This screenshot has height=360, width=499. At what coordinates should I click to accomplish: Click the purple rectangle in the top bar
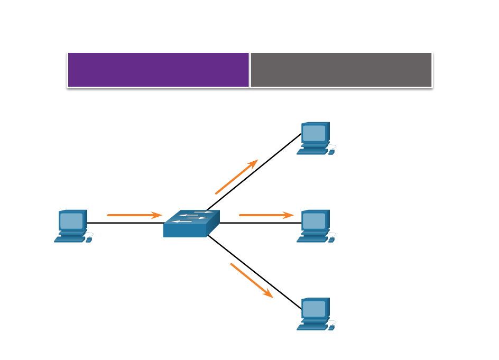coord(159,69)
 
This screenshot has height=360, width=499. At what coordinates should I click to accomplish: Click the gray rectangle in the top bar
coord(341,69)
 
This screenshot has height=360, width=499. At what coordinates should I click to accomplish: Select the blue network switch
coord(191,224)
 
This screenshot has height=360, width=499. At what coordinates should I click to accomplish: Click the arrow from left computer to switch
coord(134,215)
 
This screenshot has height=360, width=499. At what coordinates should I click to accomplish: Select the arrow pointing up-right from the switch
coord(236,177)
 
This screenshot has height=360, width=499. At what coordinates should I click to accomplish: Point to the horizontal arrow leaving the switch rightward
coord(266,215)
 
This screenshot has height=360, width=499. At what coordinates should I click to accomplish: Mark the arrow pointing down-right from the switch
coord(252,280)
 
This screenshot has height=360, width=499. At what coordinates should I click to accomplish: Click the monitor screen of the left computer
coord(71,220)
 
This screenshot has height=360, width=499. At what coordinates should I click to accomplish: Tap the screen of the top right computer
coord(314,133)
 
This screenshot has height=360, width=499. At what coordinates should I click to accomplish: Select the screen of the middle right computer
coord(314,220)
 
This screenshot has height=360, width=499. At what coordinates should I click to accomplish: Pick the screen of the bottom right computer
coord(314,309)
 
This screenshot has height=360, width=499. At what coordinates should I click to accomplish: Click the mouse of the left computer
coord(89,240)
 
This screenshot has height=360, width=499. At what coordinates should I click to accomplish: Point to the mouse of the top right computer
coord(331,152)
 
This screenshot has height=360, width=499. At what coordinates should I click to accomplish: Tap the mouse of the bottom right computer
coord(331,328)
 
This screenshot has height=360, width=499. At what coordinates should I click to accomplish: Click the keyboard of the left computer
coord(69,239)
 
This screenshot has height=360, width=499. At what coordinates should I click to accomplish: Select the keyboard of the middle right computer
coord(312,239)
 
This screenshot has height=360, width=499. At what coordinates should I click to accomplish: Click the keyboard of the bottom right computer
coord(312,327)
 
